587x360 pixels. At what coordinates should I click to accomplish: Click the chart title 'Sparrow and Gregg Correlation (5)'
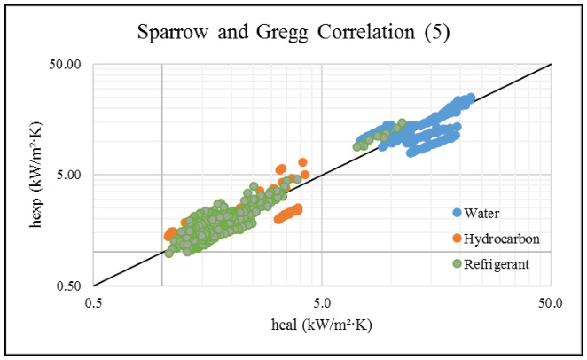(293, 35)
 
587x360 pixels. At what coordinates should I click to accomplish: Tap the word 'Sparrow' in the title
(168, 35)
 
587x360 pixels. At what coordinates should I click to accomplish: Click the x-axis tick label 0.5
(93, 302)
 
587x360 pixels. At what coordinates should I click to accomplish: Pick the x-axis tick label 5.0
(322, 302)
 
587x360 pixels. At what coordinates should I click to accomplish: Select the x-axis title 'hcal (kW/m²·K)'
(323, 325)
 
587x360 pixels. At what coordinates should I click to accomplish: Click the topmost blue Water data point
(470, 98)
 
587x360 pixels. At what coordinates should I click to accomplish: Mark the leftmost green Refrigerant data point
(168, 253)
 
